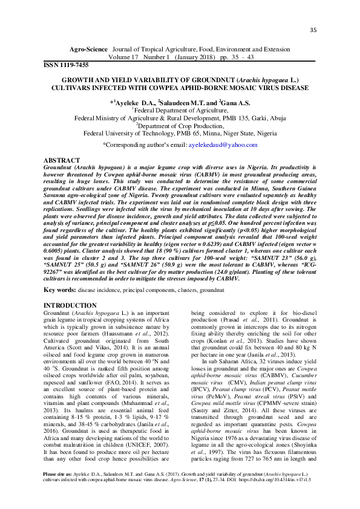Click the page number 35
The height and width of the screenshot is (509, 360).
313,31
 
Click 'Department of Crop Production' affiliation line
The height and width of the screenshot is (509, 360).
180,127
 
